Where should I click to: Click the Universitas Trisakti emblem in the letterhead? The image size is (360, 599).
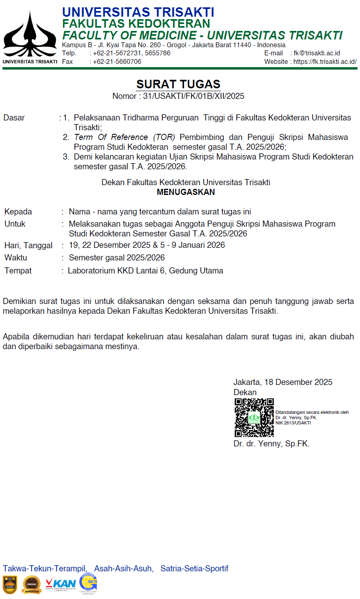tap(30, 34)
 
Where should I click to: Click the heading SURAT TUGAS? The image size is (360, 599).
tap(178, 84)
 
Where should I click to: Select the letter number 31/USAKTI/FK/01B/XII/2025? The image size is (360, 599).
tap(194, 96)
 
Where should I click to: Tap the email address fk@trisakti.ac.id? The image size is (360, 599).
tap(317, 53)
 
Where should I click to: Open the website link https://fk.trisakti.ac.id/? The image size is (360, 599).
tap(325, 62)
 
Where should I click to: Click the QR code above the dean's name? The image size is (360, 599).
tap(254, 418)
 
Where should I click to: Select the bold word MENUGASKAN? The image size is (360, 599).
tap(186, 192)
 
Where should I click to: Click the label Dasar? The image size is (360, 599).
tap(14, 118)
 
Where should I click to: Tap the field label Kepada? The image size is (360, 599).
tap(18, 212)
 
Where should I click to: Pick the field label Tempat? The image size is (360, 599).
tap(18, 271)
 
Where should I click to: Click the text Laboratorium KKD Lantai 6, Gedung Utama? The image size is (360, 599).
tap(146, 271)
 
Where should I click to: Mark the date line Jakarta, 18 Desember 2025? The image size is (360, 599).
tap(283, 383)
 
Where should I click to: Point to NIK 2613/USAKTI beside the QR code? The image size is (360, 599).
tap(293, 423)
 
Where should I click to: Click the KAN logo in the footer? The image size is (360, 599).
tap(61, 584)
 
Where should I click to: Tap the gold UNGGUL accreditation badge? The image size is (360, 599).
tap(32, 585)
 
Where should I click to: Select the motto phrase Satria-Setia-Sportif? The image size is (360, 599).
tap(194, 569)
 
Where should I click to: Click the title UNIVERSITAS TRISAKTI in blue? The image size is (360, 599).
tap(138, 12)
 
